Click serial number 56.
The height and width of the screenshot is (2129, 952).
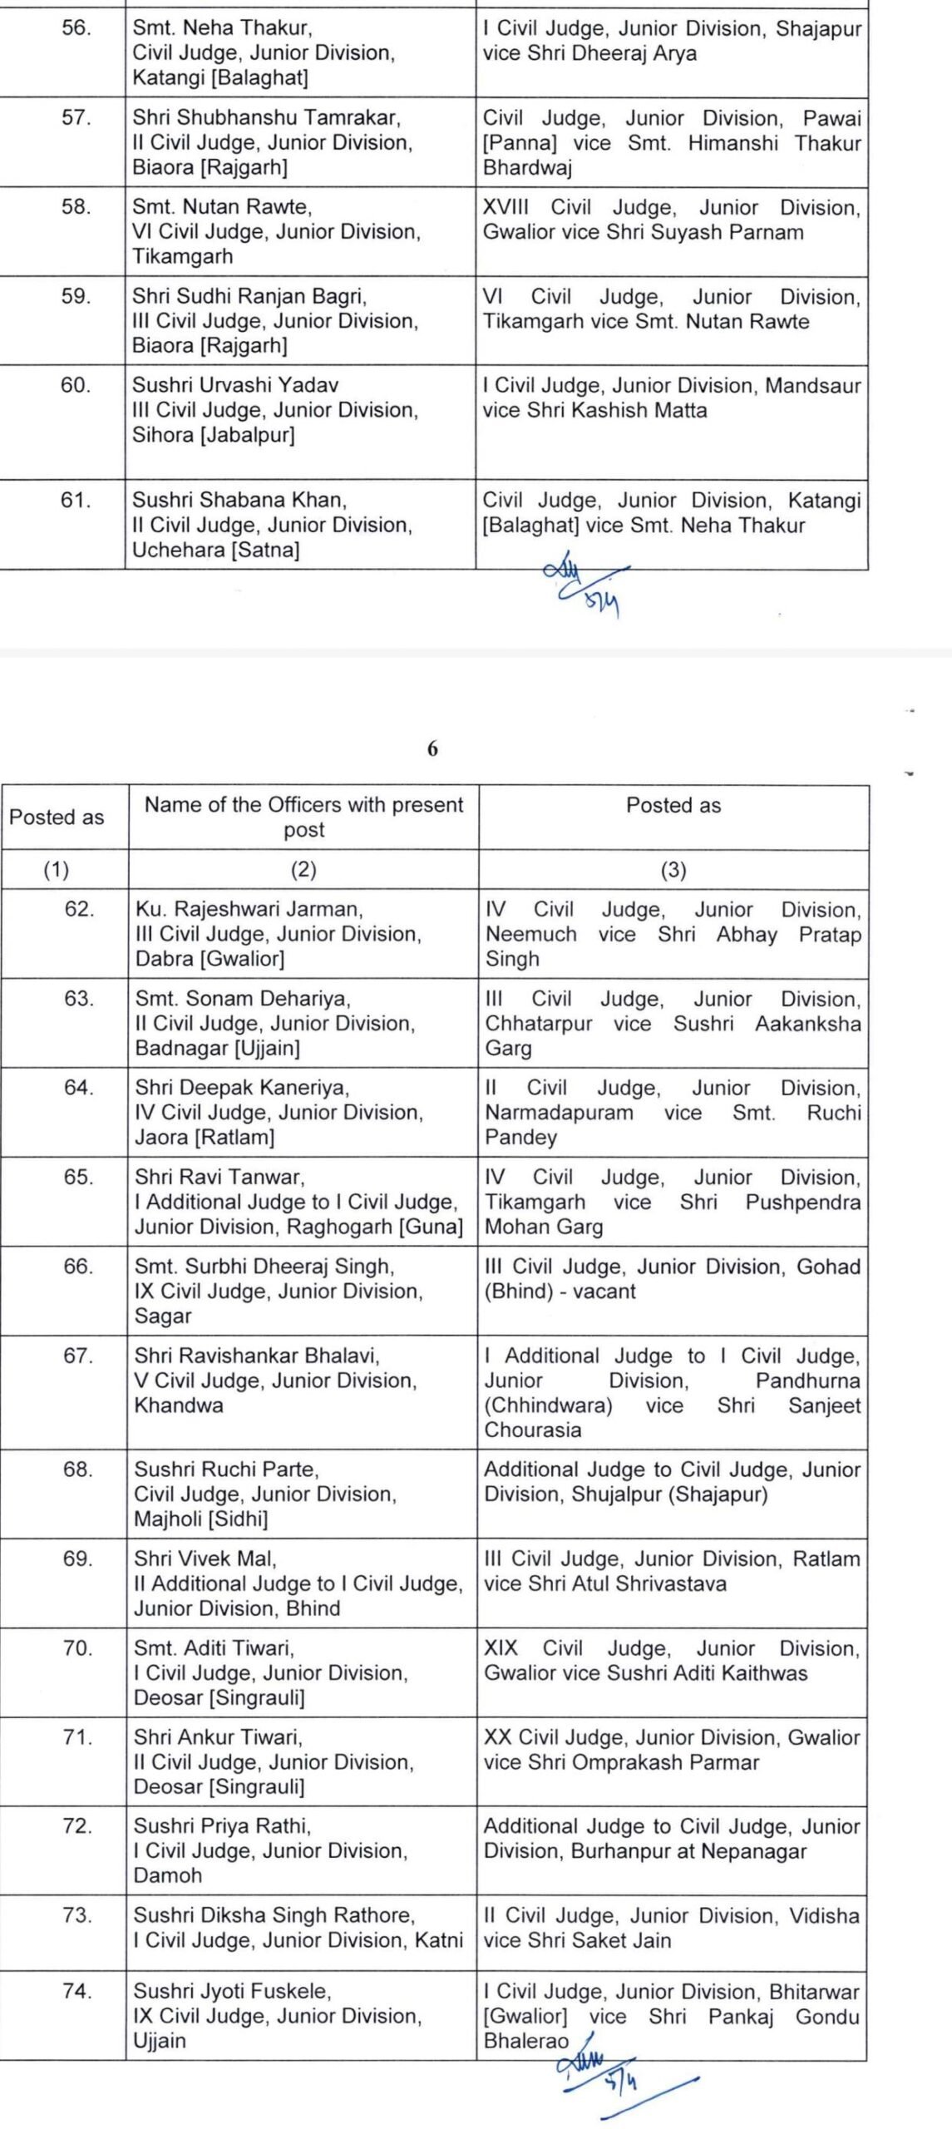pyautogui.click(x=76, y=28)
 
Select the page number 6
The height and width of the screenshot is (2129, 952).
pyautogui.click(x=432, y=748)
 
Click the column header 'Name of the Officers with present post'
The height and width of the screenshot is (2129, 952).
pyautogui.click(x=303, y=817)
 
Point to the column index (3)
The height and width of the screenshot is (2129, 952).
pyautogui.click(x=673, y=870)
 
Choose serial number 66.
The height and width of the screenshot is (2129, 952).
pyautogui.click(x=79, y=1266)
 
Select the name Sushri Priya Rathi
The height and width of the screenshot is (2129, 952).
pyautogui.click(x=222, y=1826)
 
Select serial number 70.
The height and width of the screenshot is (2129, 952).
pyautogui.click(x=78, y=1647)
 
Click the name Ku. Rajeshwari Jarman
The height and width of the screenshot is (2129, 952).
pyautogui.click(x=249, y=909)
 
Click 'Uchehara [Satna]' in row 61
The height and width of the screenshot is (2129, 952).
pyautogui.click(x=216, y=550)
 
